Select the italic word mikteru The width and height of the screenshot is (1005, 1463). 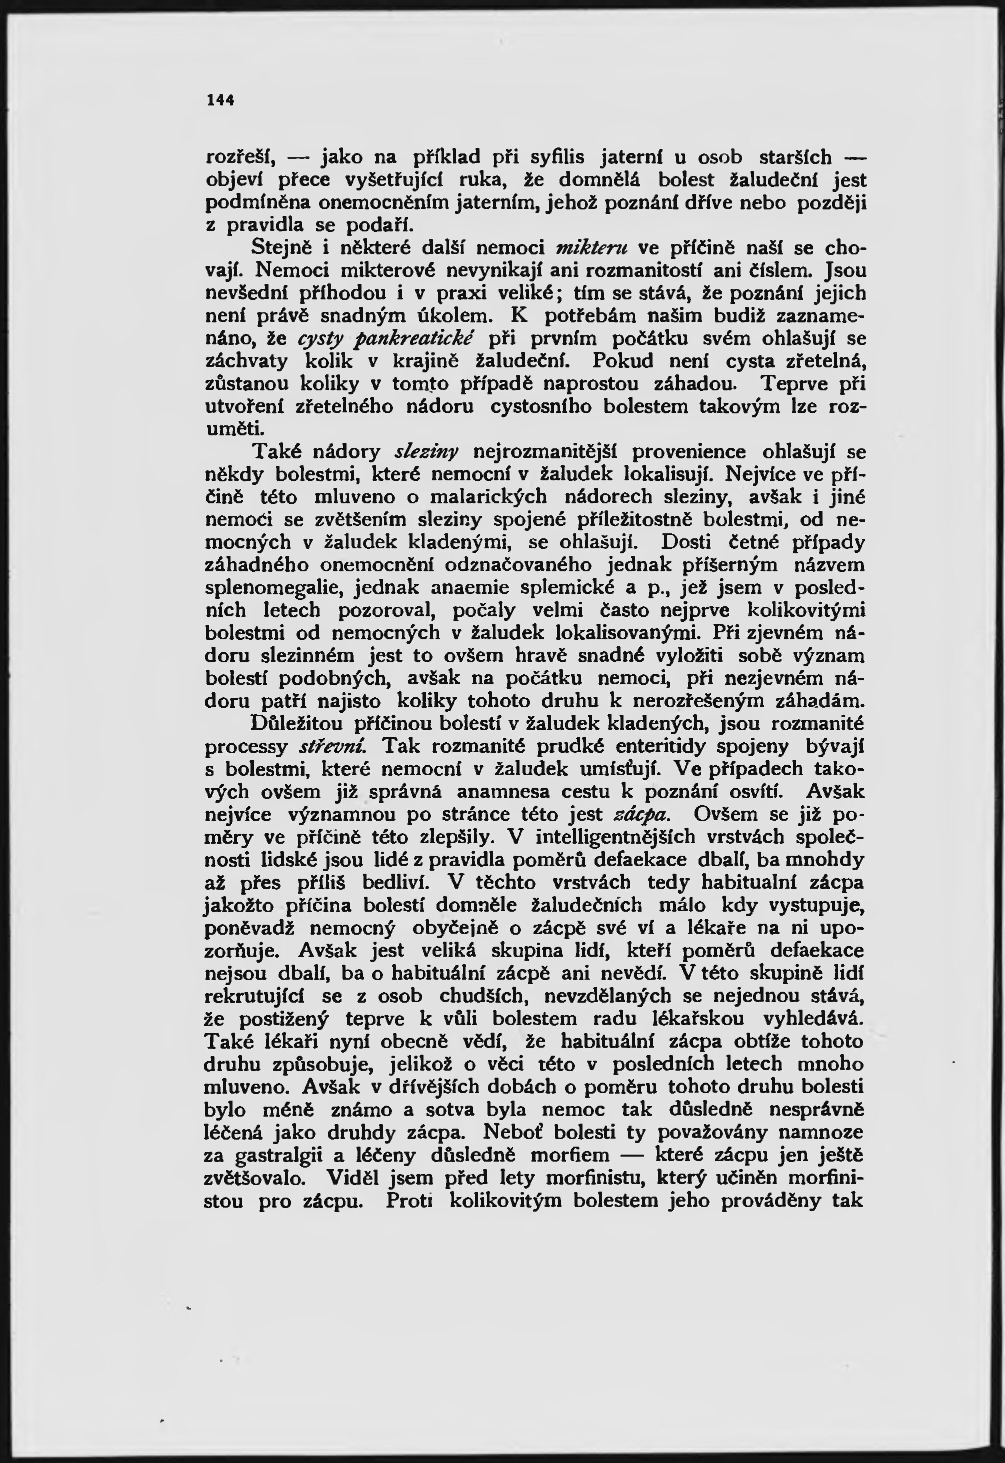[x=594, y=247]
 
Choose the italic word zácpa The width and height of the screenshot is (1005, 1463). [x=640, y=815]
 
